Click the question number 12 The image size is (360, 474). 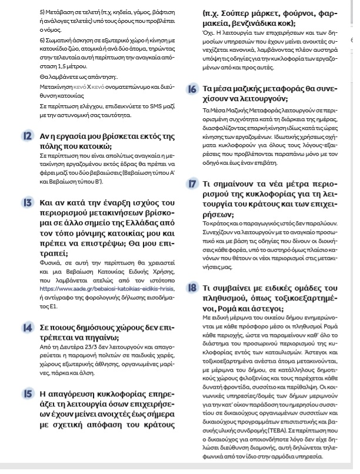pyautogui.click(x=28, y=136)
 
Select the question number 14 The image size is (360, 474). pyautogui.click(x=28, y=326)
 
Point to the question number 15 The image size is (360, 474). pyautogui.click(x=28, y=392)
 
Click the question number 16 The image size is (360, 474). pyautogui.click(x=192, y=89)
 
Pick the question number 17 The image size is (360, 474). pyautogui.click(x=192, y=185)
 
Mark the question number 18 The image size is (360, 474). pyautogui.click(x=192, y=288)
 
